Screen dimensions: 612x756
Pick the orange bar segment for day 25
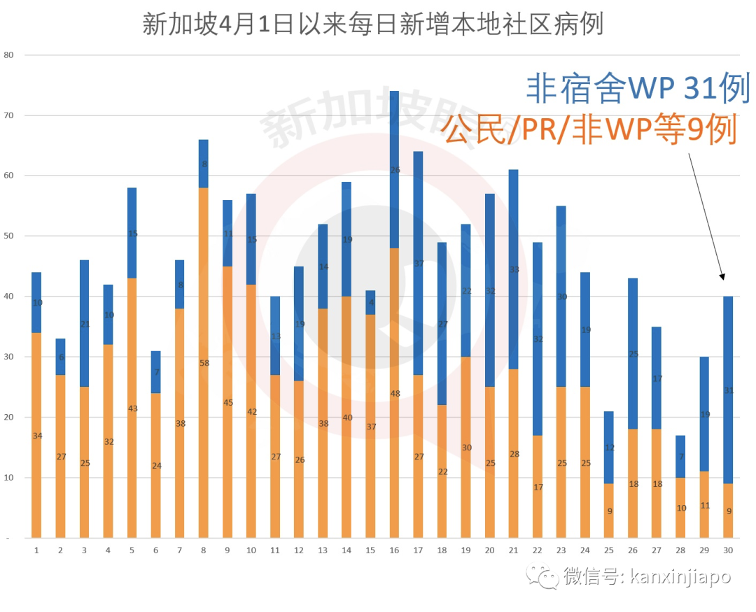[x=609, y=511]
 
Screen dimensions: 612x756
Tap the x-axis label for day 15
[x=370, y=550]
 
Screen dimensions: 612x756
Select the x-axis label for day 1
[x=36, y=550]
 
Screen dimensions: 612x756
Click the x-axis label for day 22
[x=537, y=550]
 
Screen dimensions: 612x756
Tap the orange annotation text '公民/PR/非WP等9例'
[x=589, y=130]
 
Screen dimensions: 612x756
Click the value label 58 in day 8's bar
[x=204, y=363]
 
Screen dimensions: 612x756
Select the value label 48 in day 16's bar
[x=394, y=394]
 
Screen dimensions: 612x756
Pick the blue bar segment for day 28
[x=680, y=457]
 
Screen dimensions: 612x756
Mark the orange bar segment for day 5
[x=132, y=408]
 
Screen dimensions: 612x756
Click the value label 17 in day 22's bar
[x=538, y=487]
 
